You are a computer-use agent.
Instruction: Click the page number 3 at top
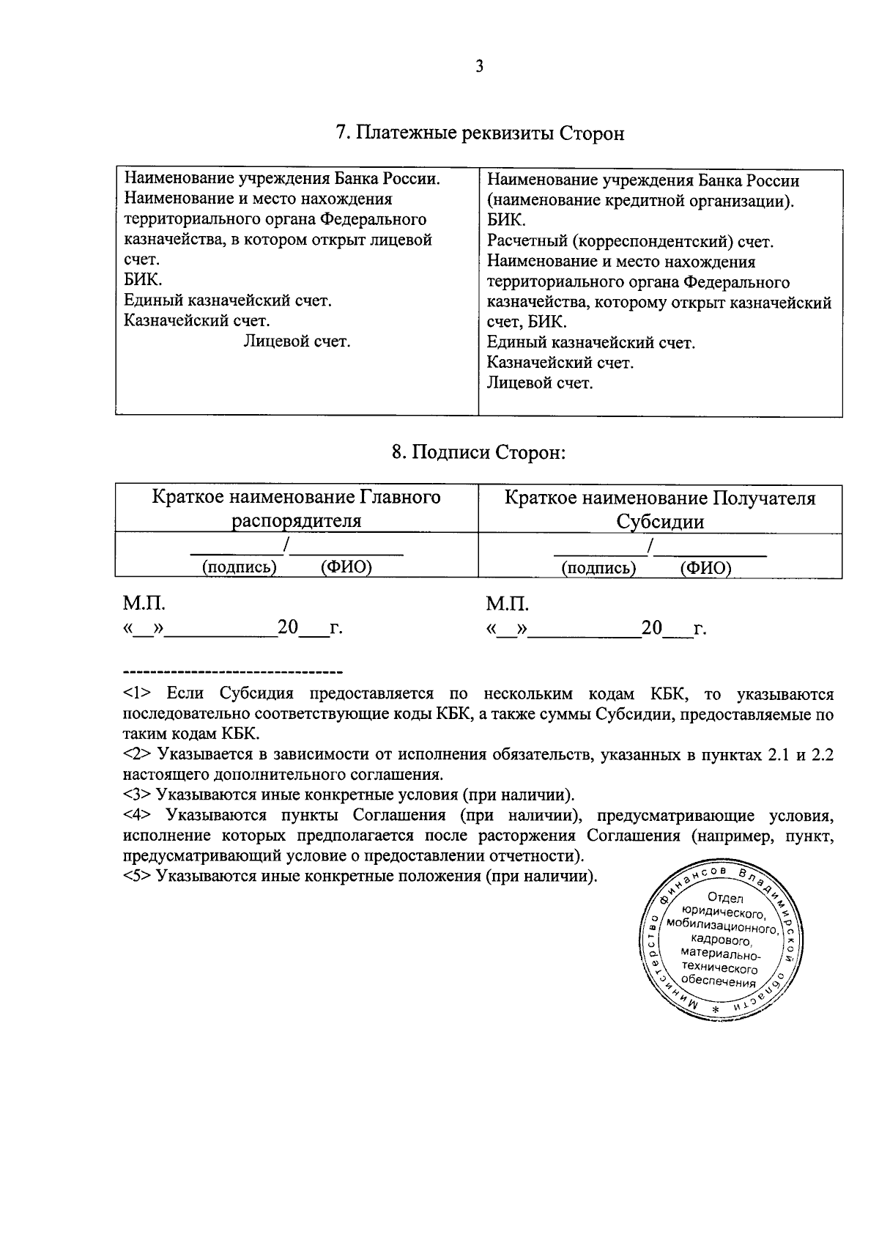click(x=479, y=67)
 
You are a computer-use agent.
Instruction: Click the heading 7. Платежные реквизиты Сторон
click(x=480, y=133)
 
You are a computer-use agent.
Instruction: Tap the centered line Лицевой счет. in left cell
click(x=297, y=341)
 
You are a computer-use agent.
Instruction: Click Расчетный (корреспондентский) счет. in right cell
click(x=630, y=241)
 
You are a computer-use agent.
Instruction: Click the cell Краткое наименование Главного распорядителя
click(x=296, y=509)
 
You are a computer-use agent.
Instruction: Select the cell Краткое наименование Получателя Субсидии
click(x=659, y=509)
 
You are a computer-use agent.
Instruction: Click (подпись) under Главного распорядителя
click(x=239, y=567)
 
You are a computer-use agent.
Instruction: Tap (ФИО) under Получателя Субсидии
click(x=705, y=568)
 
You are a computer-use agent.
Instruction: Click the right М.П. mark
click(x=507, y=604)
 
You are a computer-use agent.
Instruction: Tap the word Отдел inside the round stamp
click(x=725, y=899)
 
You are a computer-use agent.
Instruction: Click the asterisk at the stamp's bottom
click(x=716, y=1011)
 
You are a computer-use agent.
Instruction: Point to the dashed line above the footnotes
click(x=233, y=671)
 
